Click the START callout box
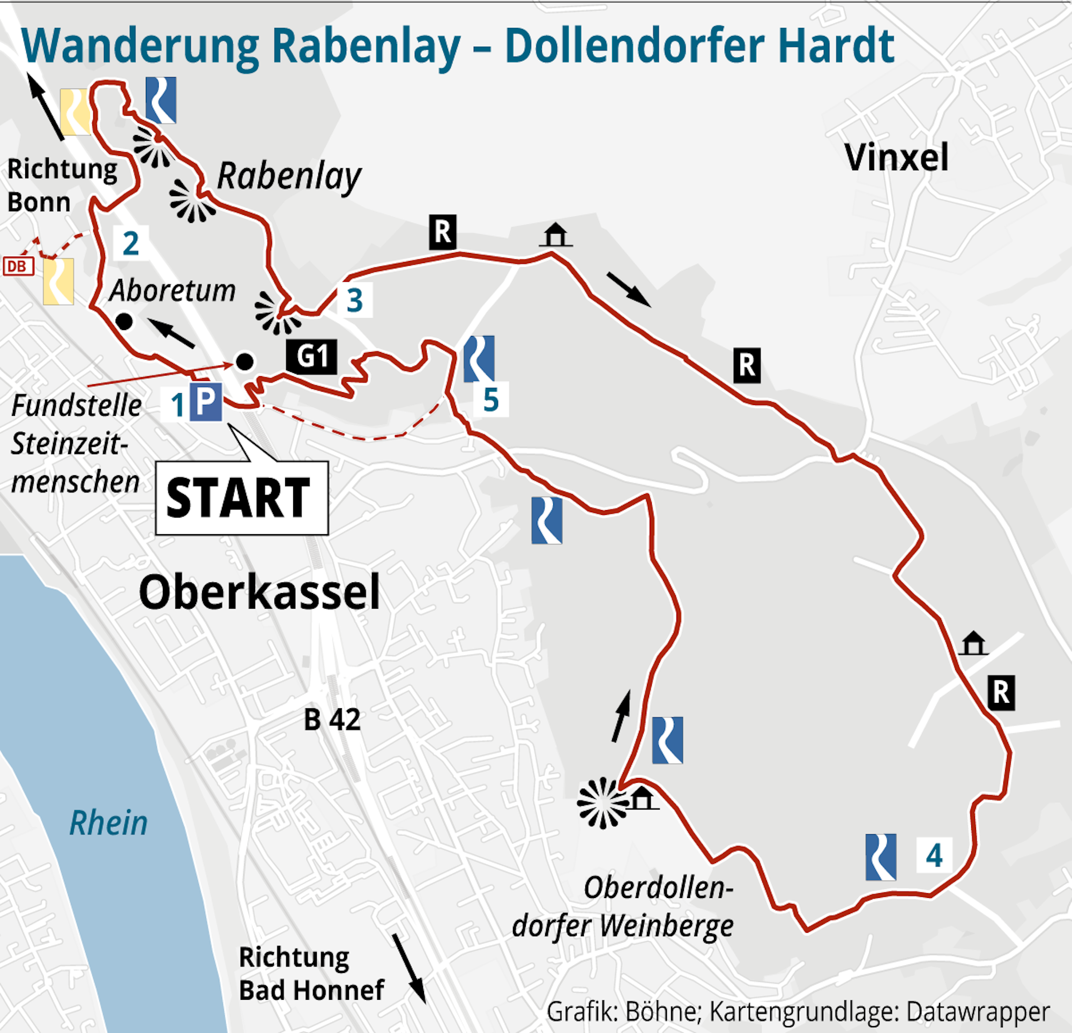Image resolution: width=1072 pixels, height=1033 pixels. [x=241, y=497]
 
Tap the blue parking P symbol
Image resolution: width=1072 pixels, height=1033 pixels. [x=206, y=402]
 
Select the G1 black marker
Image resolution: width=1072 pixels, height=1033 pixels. [x=312, y=356]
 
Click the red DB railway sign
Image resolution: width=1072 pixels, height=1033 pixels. [x=18, y=266]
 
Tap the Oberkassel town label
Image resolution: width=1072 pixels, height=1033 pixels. [x=259, y=592]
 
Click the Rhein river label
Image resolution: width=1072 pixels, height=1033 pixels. [x=108, y=823]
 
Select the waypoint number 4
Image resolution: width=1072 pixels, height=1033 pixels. [x=934, y=856]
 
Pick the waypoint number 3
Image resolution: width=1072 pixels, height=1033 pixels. [x=354, y=300]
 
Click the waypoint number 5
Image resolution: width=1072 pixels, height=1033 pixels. [x=490, y=400]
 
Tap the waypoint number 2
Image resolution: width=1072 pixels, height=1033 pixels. [x=130, y=243]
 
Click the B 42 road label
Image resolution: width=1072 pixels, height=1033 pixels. [x=332, y=720]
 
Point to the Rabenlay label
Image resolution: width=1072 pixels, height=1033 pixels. [x=289, y=177]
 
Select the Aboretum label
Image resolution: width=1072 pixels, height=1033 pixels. [x=172, y=290]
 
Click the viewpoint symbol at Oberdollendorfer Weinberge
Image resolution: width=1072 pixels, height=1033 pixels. [x=602, y=802]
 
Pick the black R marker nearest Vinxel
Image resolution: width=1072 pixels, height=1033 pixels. [x=747, y=365]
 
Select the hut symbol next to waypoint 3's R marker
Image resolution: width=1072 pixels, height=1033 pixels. [x=555, y=235]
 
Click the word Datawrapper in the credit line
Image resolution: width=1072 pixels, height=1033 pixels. [x=977, y=1011]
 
